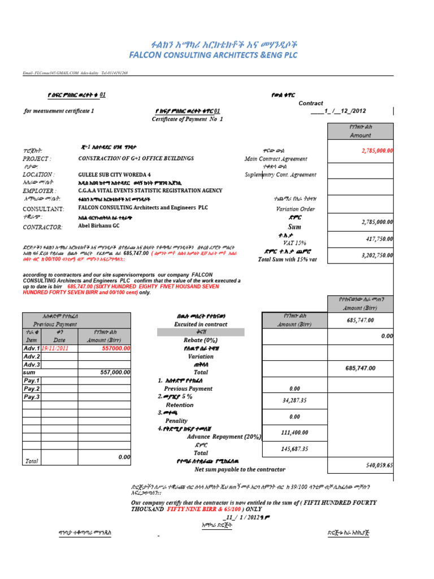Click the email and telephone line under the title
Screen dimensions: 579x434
coord(75,74)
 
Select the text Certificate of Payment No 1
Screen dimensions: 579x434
coord(188,119)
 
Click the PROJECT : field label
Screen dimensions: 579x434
coord(37,159)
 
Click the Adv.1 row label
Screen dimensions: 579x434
coord(32,349)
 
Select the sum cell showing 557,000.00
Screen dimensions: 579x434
coord(115,373)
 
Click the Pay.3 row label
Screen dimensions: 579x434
coord(32,397)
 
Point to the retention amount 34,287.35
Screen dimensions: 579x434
coord(294,401)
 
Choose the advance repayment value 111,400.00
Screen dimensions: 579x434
coord(294,433)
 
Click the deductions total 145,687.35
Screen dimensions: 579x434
coord(294,449)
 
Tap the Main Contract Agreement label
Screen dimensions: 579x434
coord(276,159)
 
